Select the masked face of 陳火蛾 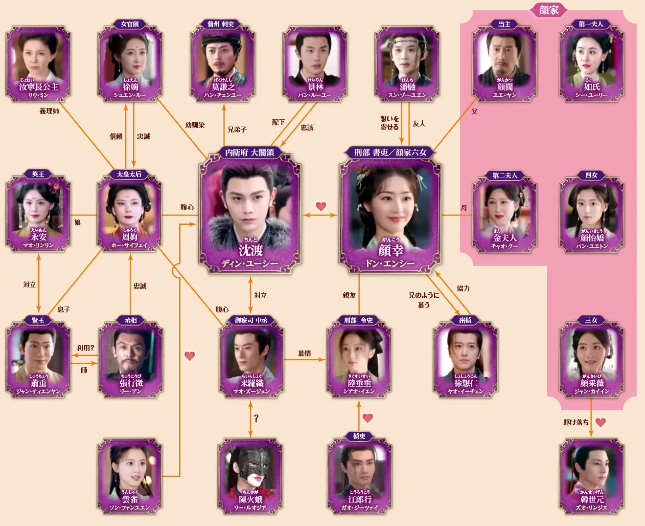(x=250, y=469)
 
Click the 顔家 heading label (x=549, y=10)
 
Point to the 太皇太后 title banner (x=129, y=174)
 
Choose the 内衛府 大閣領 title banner (x=250, y=153)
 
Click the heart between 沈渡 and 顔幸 (x=321, y=206)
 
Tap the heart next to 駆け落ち (x=600, y=422)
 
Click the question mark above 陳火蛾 (x=256, y=418)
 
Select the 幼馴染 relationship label (x=195, y=125)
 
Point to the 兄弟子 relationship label (x=237, y=130)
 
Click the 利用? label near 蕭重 (x=85, y=348)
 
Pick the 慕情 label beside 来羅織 (x=304, y=353)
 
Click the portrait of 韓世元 (x=591, y=469)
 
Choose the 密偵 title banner (x=465, y=320)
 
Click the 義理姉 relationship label (x=49, y=111)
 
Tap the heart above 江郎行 (x=368, y=418)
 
